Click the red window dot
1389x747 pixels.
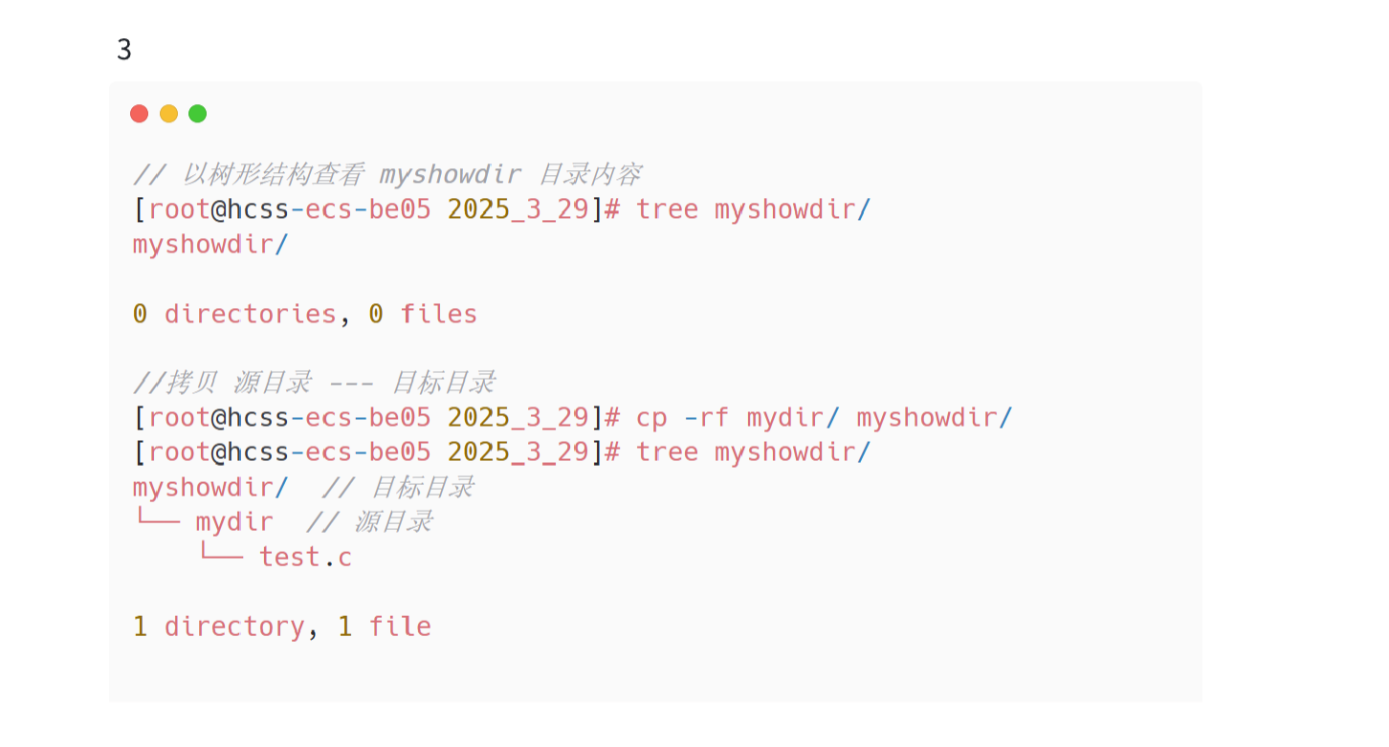140,114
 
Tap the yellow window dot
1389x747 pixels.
168,114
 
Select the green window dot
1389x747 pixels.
197,114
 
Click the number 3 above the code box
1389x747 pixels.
124,50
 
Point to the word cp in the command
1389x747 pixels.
651,418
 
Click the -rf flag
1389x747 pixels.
707,418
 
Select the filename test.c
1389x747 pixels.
305,557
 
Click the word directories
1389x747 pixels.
250,314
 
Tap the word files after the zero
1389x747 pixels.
438,314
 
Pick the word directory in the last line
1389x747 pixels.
234,626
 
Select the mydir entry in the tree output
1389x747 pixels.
234,522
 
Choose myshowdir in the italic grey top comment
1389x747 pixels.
450,175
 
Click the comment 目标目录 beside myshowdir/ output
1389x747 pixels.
422,488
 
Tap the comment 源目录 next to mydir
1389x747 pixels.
393,522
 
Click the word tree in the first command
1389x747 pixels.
667,209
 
